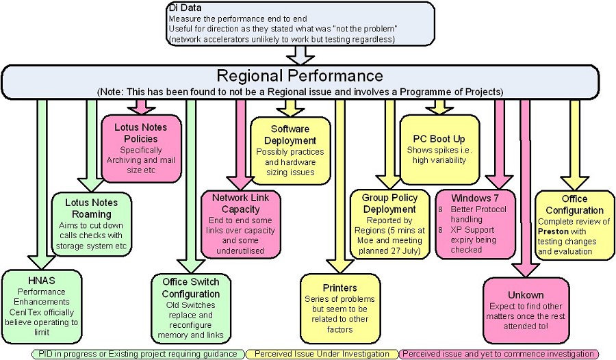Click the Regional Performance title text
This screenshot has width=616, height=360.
coord(300,75)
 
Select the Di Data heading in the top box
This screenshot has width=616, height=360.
coord(182,8)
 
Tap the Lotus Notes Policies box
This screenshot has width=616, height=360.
coord(140,148)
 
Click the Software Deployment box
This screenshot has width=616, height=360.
coord(290,151)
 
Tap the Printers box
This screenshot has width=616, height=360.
coord(339,304)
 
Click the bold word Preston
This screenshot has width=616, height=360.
coord(553,231)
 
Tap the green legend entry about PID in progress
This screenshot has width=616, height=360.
coord(138,354)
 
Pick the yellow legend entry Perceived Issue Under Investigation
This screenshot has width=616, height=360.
coord(321,354)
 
